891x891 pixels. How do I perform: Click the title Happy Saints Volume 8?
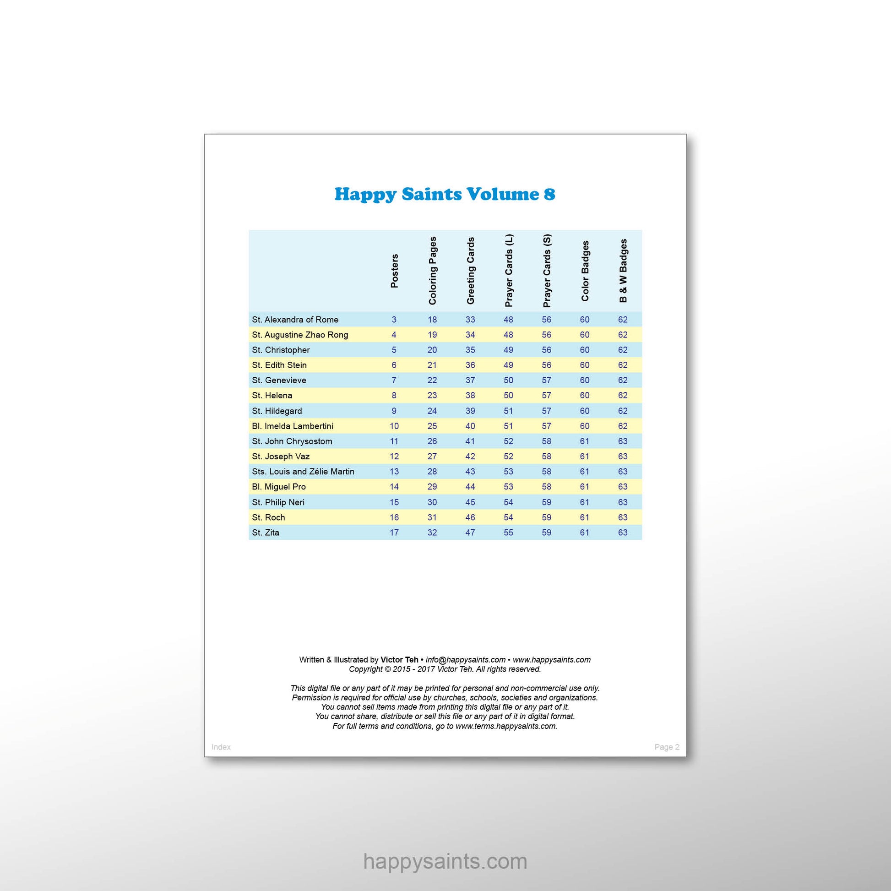tap(445, 194)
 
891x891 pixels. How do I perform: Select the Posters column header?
tap(394, 271)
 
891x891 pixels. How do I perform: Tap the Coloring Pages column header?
tap(432, 271)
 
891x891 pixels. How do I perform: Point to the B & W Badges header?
tap(623, 271)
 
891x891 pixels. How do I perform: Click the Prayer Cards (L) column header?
tap(509, 271)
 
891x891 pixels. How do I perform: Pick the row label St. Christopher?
tap(281, 350)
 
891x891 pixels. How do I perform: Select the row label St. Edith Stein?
tap(279, 365)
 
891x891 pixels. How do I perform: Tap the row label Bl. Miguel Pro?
tap(278, 487)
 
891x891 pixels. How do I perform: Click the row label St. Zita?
tap(266, 532)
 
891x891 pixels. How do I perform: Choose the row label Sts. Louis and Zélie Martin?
tap(303, 472)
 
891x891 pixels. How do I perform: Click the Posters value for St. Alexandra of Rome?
tap(394, 320)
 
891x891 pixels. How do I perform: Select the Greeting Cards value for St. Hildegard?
tap(470, 411)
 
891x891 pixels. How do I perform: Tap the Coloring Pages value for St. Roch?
tap(432, 517)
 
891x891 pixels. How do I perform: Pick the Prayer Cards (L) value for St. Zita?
tap(508, 532)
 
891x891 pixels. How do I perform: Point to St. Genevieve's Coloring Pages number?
tap(432, 380)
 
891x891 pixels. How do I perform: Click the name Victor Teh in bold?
tap(399, 660)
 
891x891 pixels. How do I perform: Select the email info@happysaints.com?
tap(465, 660)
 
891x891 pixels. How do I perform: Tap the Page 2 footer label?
tap(666, 747)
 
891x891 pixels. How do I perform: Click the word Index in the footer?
tap(221, 747)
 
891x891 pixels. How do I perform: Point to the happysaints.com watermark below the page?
tap(445, 861)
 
